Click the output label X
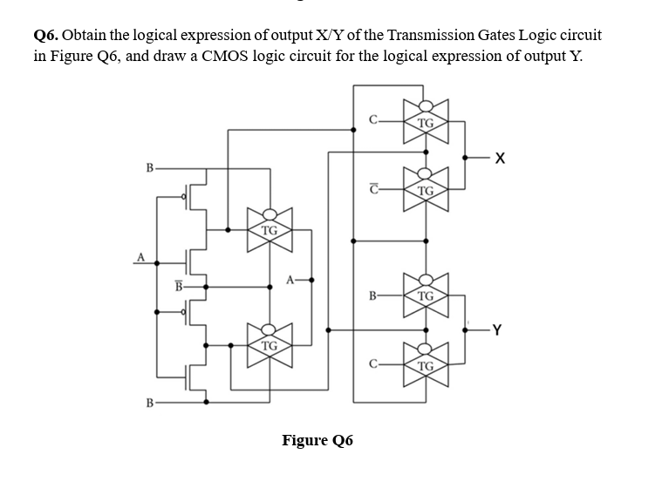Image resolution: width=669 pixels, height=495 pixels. (499, 158)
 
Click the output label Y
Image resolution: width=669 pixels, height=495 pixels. (497, 329)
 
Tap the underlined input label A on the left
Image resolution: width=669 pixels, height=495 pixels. (138, 255)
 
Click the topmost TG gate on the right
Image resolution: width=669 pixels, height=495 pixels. (426, 122)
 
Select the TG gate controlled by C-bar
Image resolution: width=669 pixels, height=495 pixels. (426, 190)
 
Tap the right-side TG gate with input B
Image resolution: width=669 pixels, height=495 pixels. (426, 295)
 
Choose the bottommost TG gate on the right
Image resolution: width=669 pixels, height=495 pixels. (426, 364)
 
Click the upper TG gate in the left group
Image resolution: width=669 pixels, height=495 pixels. (270, 230)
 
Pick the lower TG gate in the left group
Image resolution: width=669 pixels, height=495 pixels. (270, 345)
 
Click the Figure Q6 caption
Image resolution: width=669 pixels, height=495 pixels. (317, 440)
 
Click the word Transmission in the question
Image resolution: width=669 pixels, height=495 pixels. (430, 36)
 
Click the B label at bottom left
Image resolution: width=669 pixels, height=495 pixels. (150, 403)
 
